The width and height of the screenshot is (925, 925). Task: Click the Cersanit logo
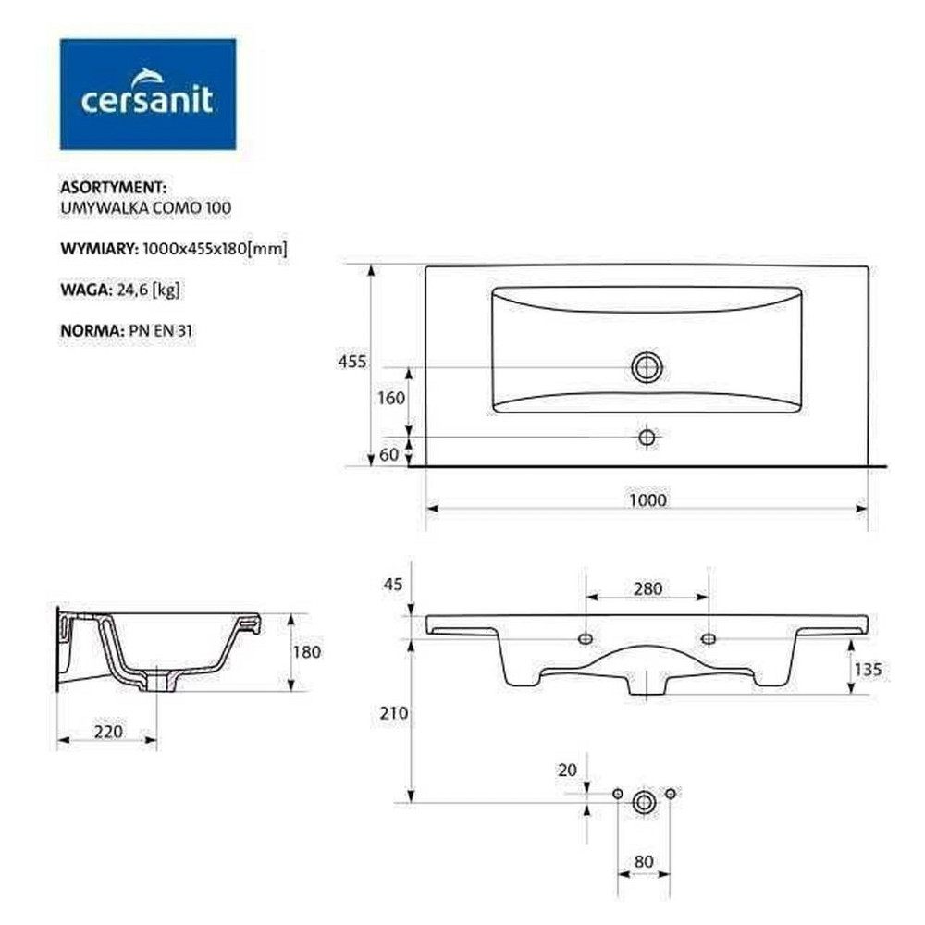coord(148,93)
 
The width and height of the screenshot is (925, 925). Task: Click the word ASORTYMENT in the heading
coord(113,187)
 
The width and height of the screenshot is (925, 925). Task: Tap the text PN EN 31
coord(160,330)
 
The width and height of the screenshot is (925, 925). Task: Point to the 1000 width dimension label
coord(647,500)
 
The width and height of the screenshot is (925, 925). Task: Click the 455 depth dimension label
coord(352,362)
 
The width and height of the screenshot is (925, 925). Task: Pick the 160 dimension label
coord(391,398)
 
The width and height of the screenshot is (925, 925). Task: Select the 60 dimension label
coord(388,454)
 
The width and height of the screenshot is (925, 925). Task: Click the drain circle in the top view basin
coord(647,367)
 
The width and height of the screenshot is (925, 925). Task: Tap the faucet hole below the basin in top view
coord(647,438)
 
